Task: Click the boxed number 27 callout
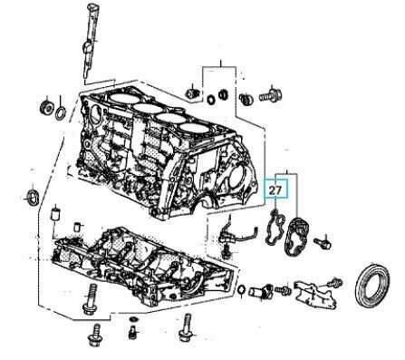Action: (x=275, y=190)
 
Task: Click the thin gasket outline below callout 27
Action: (x=275, y=229)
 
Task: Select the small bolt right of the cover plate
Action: (x=323, y=243)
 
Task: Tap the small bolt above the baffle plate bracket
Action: (x=335, y=283)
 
